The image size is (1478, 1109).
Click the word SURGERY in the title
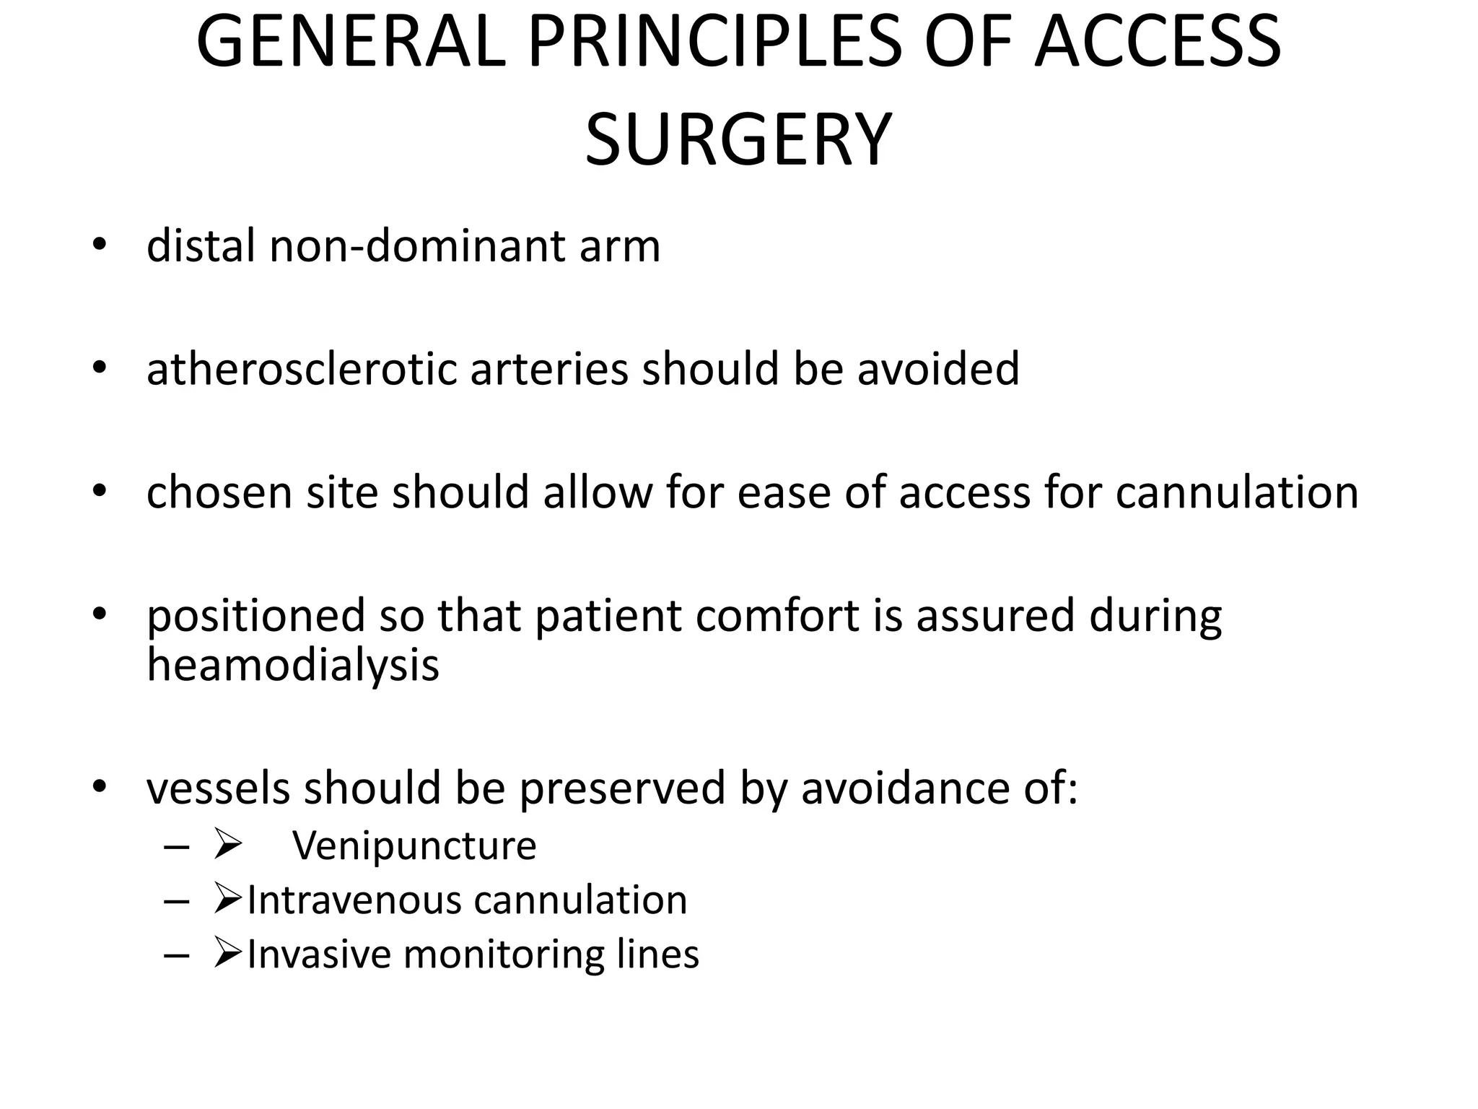pos(738,140)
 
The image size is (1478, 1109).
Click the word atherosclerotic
pos(302,369)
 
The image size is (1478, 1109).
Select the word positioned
pos(255,616)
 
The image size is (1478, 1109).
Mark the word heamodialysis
pos(293,664)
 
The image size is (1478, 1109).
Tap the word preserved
pos(622,788)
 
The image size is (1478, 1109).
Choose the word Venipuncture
pos(414,845)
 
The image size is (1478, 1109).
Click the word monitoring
pos(503,954)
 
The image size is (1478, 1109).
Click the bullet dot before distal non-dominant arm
pos(100,246)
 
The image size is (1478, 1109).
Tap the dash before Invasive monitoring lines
pos(176,956)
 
